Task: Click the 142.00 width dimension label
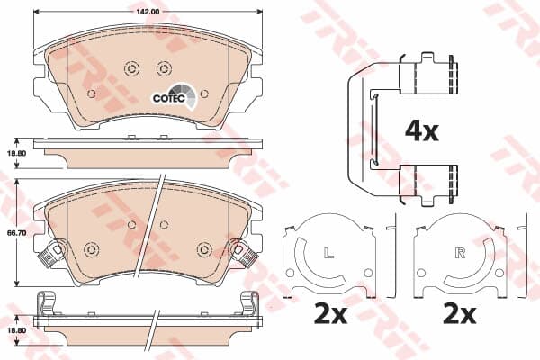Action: pos(148,12)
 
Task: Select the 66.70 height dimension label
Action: pos(16,233)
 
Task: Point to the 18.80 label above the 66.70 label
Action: pos(16,153)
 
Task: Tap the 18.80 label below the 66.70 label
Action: pos(16,330)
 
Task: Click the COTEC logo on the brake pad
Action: pos(175,95)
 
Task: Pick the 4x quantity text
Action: pos(422,131)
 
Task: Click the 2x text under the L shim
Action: pos(330,314)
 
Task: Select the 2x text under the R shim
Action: pos(460,314)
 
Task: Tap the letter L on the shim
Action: pos(329,253)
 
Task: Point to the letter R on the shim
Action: pos(460,253)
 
